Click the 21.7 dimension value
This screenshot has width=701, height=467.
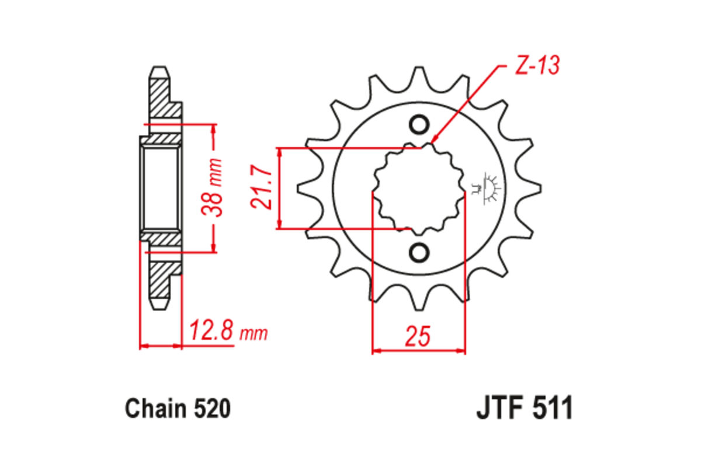pos(262,188)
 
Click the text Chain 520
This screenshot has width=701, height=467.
pos(178,409)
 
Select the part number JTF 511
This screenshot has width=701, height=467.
pos(524,409)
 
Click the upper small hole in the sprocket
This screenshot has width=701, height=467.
pos(419,125)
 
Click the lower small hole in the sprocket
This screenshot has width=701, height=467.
pos(419,252)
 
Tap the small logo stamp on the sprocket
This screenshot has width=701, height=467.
pos(486,188)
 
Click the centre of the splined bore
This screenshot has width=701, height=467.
pos(419,188)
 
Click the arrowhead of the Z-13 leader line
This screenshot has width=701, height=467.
pos(435,141)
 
